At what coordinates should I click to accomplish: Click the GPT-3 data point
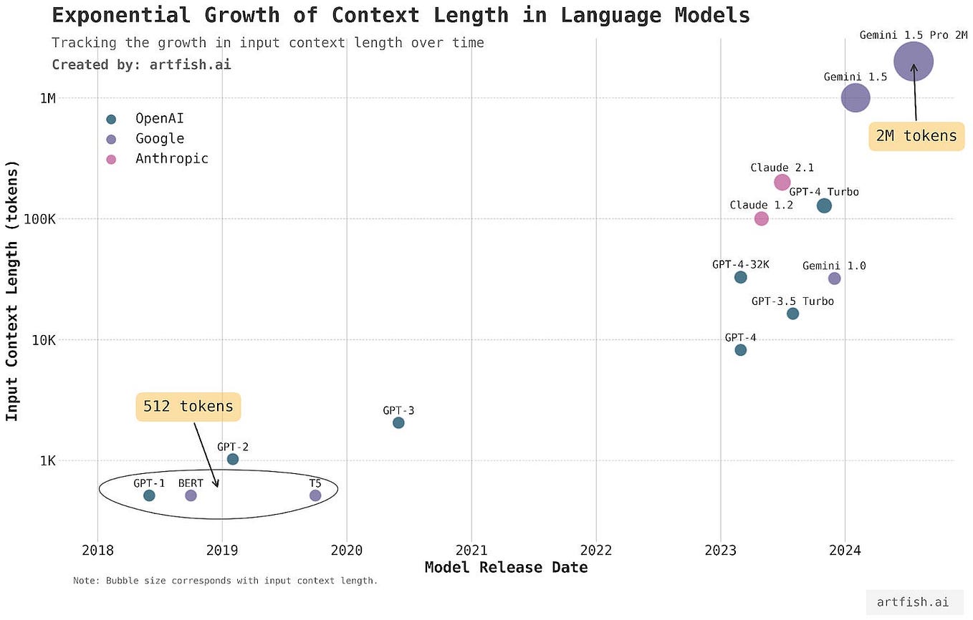[x=398, y=423]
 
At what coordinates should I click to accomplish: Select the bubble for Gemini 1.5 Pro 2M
[x=914, y=62]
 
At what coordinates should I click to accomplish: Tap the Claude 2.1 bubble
[x=782, y=183]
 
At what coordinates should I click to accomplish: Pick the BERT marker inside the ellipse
[x=191, y=495]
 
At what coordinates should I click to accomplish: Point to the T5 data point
[x=315, y=495]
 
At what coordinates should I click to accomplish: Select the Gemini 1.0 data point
[x=834, y=278]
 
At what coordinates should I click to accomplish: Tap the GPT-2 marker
[x=233, y=459]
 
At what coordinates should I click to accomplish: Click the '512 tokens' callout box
[x=188, y=407]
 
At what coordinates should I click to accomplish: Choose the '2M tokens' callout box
[x=916, y=136]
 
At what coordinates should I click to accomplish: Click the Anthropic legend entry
[x=171, y=159]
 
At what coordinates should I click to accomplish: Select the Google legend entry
[x=159, y=139]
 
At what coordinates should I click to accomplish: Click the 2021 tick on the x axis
[x=471, y=551]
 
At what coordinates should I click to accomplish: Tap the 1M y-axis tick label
[x=47, y=98]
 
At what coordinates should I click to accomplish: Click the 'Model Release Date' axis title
[x=506, y=568]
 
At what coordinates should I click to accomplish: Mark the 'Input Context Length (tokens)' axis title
[x=12, y=290]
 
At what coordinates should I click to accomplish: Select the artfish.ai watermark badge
[x=914, y=602]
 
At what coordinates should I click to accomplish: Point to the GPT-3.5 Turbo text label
[x=792, y=301]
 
